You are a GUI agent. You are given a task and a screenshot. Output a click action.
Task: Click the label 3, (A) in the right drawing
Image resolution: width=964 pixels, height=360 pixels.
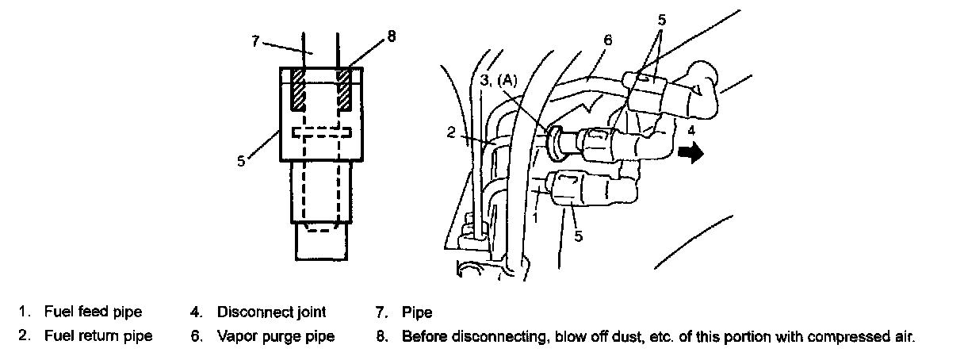(x=499, y=79)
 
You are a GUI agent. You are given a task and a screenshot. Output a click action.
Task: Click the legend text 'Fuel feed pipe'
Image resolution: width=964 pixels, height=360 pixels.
(x=93, y=312)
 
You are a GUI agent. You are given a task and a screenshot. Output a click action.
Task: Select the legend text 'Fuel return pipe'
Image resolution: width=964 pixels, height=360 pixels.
(x=98, y=336)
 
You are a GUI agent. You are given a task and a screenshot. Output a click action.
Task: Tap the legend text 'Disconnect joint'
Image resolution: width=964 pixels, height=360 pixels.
(x=271, y=312)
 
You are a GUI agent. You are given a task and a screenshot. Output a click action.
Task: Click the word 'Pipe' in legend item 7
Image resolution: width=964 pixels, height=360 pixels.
(x=417, y=312)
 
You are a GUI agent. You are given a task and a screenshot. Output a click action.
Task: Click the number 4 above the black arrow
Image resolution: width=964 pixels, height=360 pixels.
(x=691, y=129)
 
